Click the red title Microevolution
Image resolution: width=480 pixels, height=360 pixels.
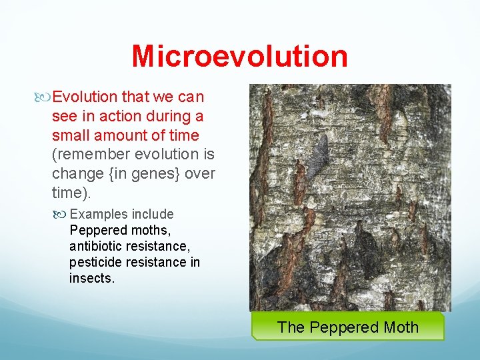coord(239,56)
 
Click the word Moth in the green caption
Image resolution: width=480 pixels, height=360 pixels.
coord(401,327)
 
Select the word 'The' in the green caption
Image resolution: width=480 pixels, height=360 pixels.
coord(290,327)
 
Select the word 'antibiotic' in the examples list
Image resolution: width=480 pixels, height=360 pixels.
coord(95,246)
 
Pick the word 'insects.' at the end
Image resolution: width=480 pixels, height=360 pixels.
coord(92,278)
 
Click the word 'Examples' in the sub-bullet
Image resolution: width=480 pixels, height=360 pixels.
coord(99,214)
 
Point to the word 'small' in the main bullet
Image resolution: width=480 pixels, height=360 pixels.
coord(69,135)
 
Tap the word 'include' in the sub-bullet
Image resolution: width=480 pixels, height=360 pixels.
coord(153,214)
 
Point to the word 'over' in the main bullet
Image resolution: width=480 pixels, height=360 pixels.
coord(201,174)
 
